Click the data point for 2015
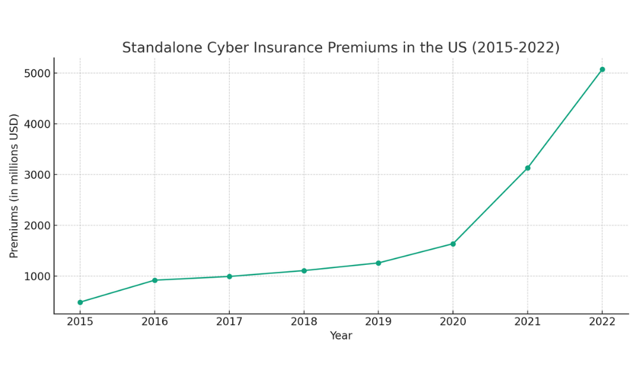[80, 302]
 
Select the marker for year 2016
[154, 280]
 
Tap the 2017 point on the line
[229, 276]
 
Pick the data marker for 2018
[304, 271]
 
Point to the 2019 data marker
[378, 263]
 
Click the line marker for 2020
[453, 244]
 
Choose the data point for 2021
[528, 168]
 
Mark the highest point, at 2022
[602, 70]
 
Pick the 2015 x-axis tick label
[80, 322]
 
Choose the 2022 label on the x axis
[602, 322]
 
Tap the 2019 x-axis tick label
[378, 322]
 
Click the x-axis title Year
[341, 336]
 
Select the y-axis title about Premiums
[15, 186]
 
